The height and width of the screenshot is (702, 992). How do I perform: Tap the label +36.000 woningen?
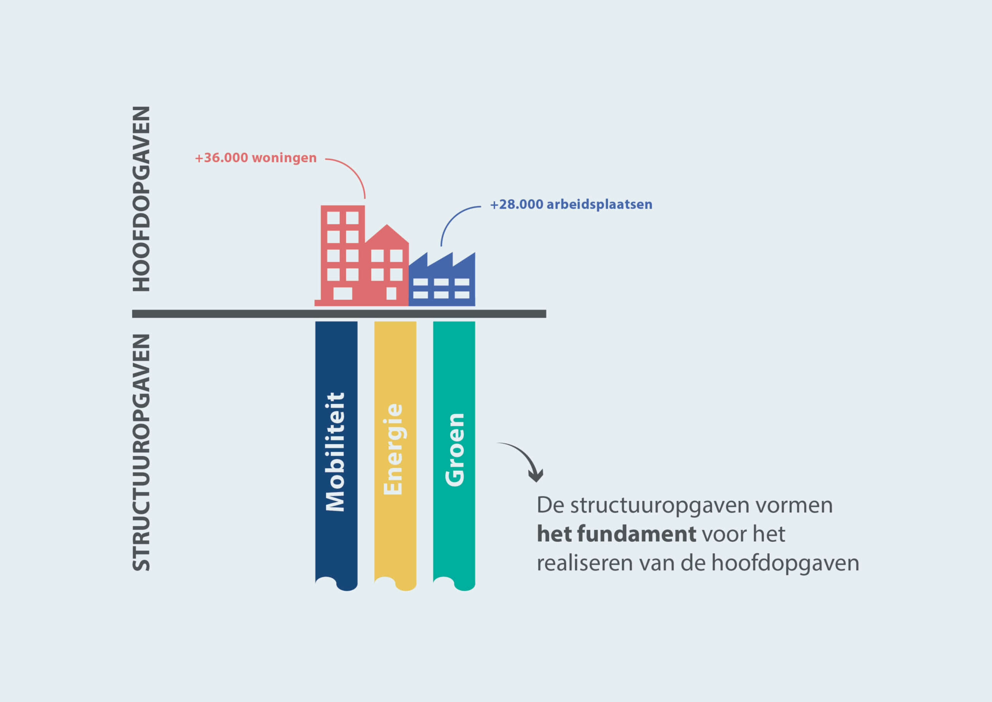pyautogui.click(x=256, y=158)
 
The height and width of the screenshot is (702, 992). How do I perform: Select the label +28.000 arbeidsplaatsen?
pyautogui.click(x=571, y=204)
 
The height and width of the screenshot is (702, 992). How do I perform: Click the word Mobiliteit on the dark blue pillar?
pyautogui.click(x=336, y=452)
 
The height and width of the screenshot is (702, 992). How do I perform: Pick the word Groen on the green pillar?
pyautogui.click(x=455, y=450)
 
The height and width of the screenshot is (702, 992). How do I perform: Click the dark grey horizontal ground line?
pyautogui.click(x=339, y=314)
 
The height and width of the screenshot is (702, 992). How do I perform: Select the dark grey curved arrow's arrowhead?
pyautogui.click(x=536, y=476)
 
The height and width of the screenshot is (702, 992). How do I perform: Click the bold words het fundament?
pyautogui.click(x=616, y=534)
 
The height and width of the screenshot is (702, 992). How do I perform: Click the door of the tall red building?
pyautogui.click(x=343, y=293)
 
